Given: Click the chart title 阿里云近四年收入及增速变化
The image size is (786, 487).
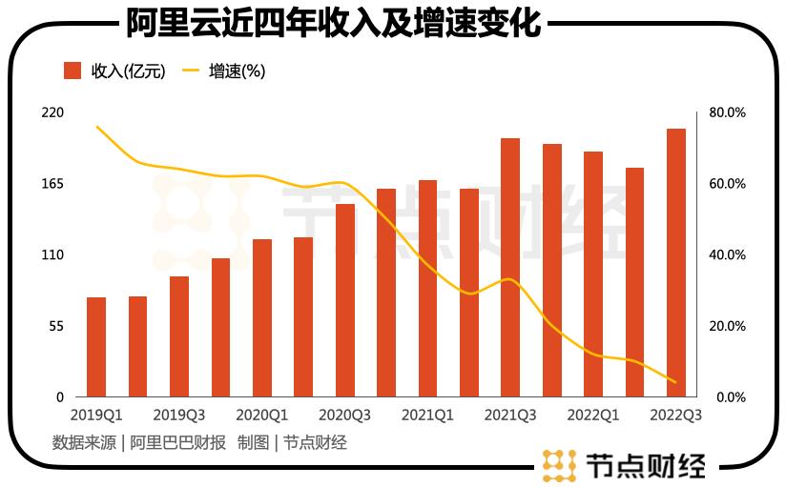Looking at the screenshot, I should pyautogui.click(x=333, y=22).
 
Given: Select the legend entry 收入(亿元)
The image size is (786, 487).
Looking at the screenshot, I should pyautogui.click(x=115, y=71).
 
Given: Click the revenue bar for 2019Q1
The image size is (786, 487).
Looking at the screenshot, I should pyautogui.click(x=96, y=347).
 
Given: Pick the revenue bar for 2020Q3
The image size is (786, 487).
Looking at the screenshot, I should pyautogui.click(x=345, y=300).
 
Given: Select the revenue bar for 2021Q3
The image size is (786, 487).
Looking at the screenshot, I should pyautogui.click(x=510, y=268).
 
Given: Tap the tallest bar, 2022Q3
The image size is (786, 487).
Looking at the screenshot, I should pyautogui.click(x=676, y=263).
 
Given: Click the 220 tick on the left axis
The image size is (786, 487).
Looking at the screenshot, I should pyautogui.click(x=52, y=112).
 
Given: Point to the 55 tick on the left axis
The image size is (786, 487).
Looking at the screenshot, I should pyautogui.click(x=55, y=326).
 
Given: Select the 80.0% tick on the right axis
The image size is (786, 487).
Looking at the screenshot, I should pyautogui.click(x=727, y=112).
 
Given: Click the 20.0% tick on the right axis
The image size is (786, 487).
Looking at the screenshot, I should pyautogui.click(x=727, y=326).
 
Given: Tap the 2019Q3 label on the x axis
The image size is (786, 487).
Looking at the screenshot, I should pyautogui.click(x=179, y=416).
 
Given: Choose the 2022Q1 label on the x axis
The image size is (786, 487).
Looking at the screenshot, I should pyautogui.click(x=593, y=416).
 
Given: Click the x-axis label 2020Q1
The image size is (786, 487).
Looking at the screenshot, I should pyautogui.click(x=262, y=416).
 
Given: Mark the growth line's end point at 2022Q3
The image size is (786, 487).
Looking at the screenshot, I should pyautogui.click(x=675, y=382).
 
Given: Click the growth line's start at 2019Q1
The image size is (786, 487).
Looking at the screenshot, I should pyautogui.click(x=96, y=126).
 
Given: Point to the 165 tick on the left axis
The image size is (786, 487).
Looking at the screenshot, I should pyautogui.click(x=52, y=183).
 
